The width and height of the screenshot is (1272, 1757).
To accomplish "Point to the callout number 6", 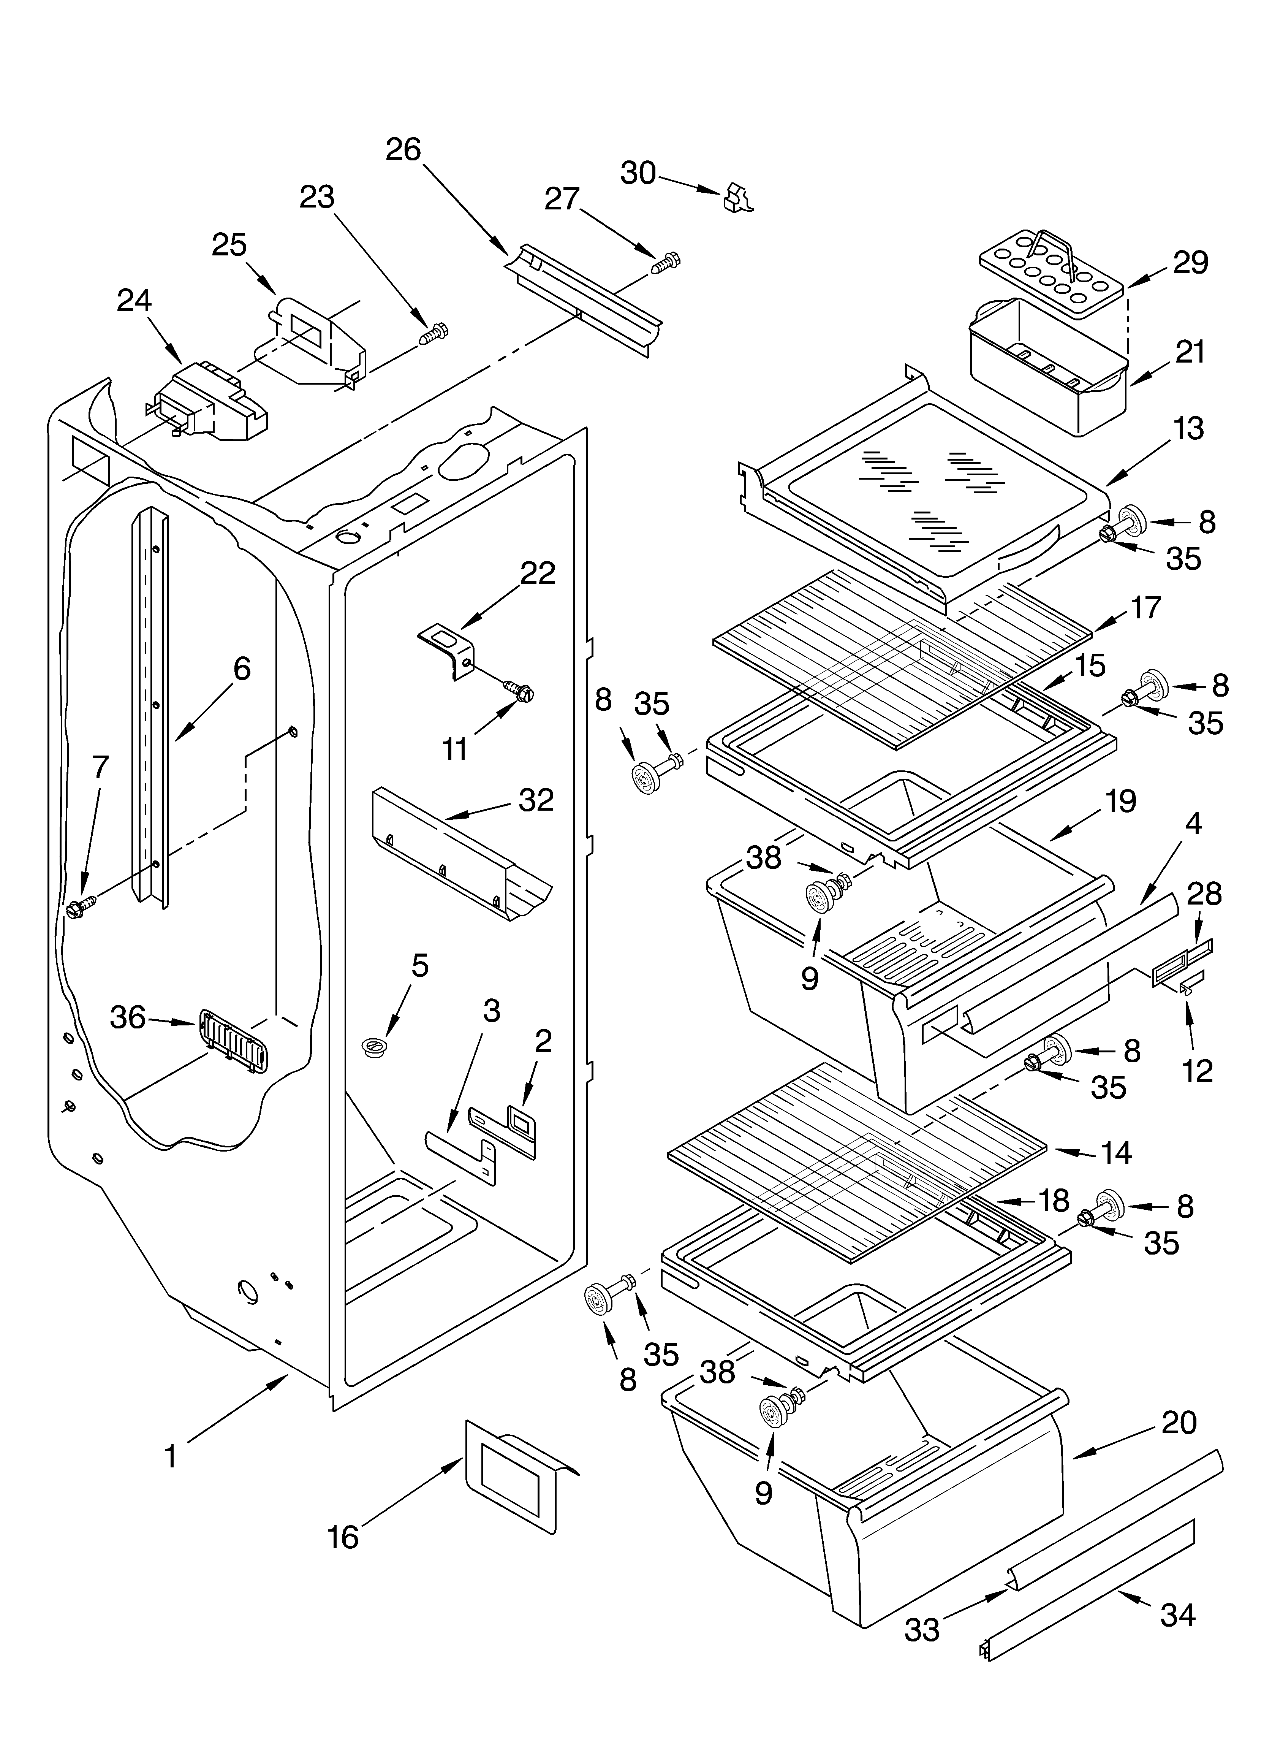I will click(x=242, y=668).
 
